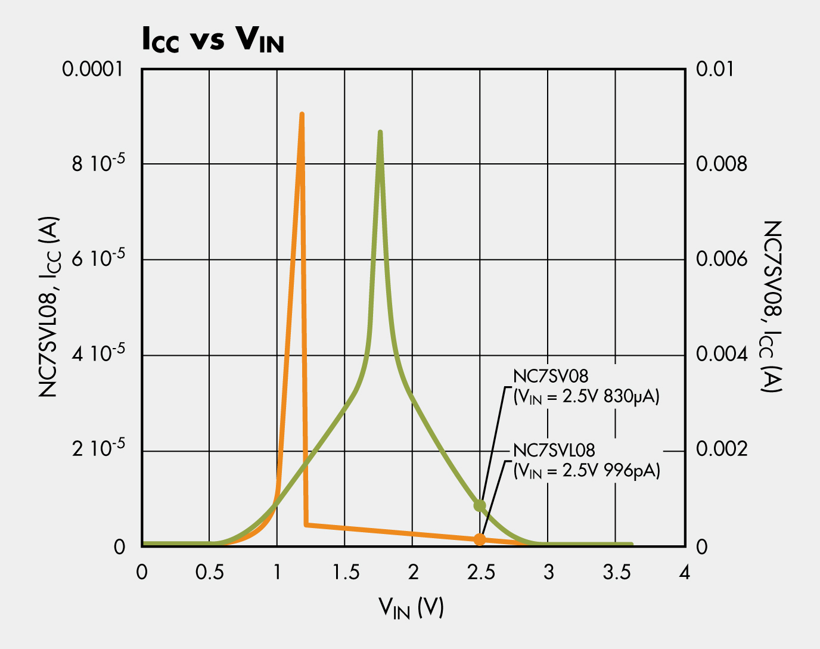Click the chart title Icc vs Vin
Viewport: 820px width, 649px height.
tap(212, 41)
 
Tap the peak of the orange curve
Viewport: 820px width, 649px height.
tap(302, 114)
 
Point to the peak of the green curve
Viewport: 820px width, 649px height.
tap(380, 133)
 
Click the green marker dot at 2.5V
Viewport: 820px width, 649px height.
tap(480, 506)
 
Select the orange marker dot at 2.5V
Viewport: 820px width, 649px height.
tap(480, 539)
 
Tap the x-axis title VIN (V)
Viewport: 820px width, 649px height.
tap(411, 608)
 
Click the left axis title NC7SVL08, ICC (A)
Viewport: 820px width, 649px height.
tap(51, 308)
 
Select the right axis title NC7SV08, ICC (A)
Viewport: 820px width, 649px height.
tap(771, 306)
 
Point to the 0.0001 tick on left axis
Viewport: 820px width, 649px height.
tap(92, 69)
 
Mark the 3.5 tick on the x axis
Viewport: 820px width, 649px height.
tap(617, 573)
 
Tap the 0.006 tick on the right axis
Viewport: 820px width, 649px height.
tap(721, 259)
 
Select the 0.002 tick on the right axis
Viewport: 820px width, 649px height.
tap(721, 450)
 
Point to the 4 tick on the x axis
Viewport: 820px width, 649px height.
tap(685, 573)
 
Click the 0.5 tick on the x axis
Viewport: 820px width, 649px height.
tap(209, 573)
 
